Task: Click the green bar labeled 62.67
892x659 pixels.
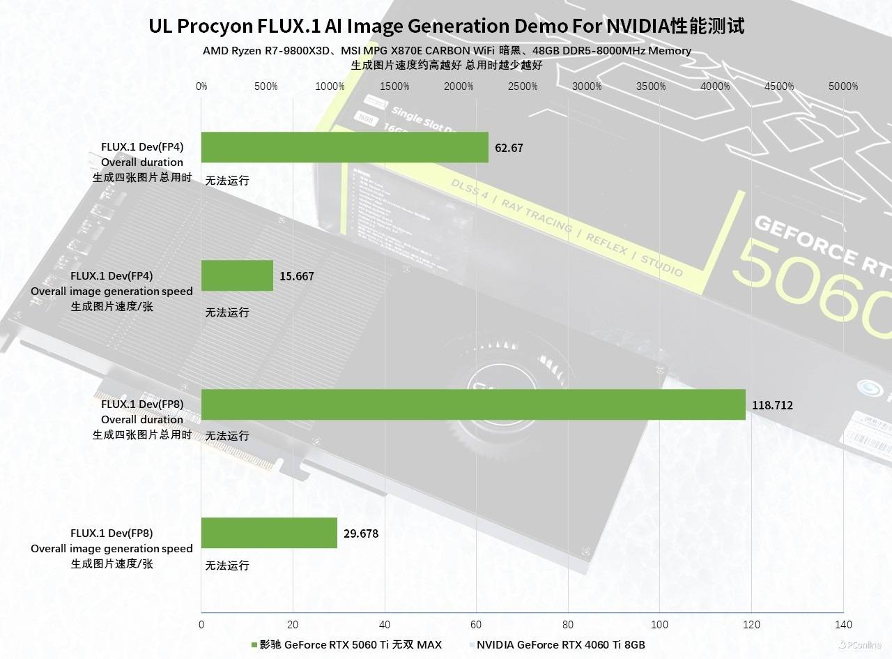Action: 344,147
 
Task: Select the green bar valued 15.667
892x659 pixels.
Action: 237,275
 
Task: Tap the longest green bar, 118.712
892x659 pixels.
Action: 473,404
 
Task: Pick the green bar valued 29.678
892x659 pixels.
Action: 269,533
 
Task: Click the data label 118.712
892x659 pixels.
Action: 772,405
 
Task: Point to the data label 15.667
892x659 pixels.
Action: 297,276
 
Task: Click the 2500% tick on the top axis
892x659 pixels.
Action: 523,86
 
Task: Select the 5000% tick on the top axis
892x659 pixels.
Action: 843,86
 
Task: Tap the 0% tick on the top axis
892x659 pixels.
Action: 201,86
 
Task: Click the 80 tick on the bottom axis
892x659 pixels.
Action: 568,624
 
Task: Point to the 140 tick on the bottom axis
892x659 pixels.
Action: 843,624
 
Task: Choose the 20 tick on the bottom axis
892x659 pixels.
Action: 293,624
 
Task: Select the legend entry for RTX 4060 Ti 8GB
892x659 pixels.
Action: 560,644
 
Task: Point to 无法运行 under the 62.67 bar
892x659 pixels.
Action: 227,181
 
